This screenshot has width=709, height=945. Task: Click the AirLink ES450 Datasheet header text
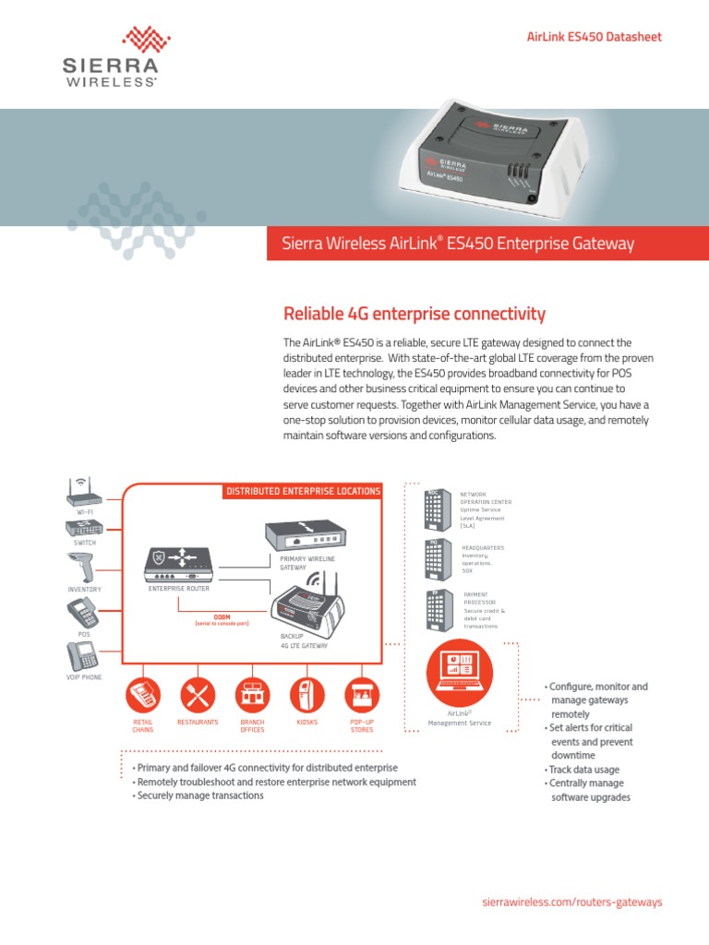[x=594, y=37]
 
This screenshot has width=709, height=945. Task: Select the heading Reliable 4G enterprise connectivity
[x=414, y=314]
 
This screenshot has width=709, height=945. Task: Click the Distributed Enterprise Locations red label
[x=304, y=491]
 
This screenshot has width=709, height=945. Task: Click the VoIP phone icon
[x=83, y=656]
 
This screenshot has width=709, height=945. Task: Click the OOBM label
[x=222, y=615]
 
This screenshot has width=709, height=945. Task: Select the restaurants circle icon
[x=198, y=695]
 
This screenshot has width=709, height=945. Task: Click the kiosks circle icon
[x=307, y=695]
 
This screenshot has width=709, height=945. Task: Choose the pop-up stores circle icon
[x=362, y=695]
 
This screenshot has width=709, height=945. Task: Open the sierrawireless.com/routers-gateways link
[x=573, y=902]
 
